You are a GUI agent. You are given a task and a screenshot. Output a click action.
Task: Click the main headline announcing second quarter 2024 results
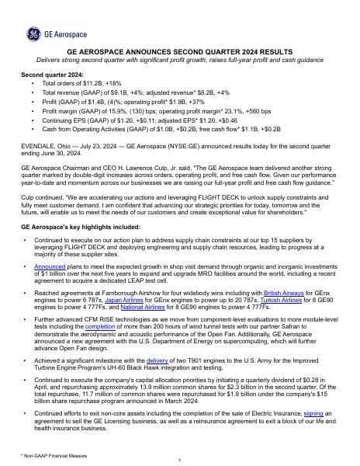179,50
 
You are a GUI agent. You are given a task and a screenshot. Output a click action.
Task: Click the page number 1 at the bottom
179,460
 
